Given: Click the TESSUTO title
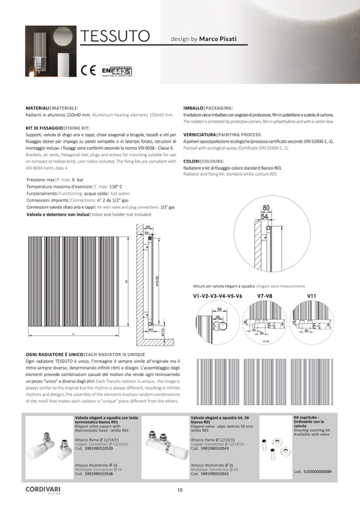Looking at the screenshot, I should [x=114, y=37].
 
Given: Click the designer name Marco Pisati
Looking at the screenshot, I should [x=218, y=39].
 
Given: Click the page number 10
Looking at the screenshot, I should [x=180, y=490].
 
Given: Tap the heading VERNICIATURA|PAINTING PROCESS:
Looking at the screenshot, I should [x=222, y=135].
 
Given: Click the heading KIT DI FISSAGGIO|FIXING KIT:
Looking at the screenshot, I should [x=57, y=128].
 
